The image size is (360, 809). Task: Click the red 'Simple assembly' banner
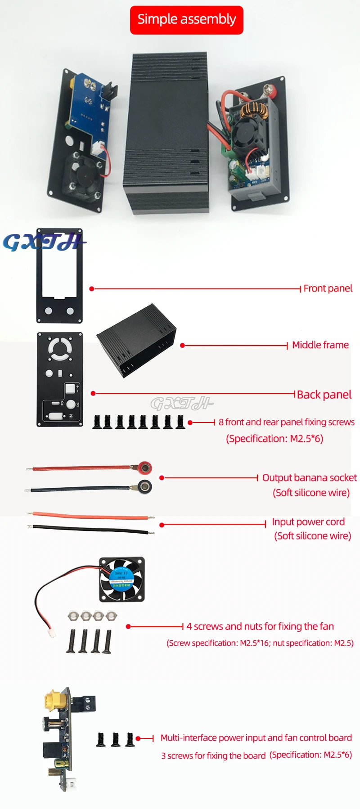[186, 20]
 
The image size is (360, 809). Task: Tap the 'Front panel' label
[328, 288]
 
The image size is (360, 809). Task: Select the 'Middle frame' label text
[320, 345]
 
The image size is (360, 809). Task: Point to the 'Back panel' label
[324, 395]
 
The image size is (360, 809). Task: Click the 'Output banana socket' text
[309, 478]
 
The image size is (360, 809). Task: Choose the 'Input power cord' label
[308, 522]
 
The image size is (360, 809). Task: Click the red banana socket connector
[144, 468]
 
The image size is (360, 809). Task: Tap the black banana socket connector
[144, 486]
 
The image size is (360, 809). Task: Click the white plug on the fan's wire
[52, 633]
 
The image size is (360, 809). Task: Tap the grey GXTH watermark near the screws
[181, 404]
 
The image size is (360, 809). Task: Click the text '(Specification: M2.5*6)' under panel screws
[274, 439]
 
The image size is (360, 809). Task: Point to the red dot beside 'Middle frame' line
[182, 346]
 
